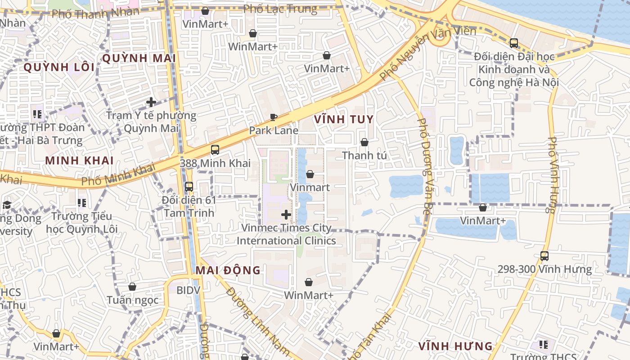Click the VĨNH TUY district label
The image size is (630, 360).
point(344,119)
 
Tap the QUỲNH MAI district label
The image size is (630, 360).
point(139,58)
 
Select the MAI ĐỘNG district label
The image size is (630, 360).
point(228,270)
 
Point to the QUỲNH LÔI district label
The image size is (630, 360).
point(59,67)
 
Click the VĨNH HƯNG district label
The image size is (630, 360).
point(455,346)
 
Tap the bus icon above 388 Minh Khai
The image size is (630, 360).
point(215,150)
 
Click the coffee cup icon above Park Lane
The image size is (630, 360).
point(273,117)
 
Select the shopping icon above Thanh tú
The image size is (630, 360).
point(364,142)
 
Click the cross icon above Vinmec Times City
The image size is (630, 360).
point(286,215)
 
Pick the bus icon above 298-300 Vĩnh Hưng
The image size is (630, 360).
point(544,256)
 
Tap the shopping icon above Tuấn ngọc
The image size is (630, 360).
point(132,287)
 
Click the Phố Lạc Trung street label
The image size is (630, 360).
point(280,9)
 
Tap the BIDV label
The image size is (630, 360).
point(188,290)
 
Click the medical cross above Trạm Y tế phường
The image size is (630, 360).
point(151,102)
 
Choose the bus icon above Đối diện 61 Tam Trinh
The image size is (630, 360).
point(189,186)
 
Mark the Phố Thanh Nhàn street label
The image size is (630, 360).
point(95,13)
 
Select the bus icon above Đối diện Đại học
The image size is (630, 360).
point(513,43)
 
